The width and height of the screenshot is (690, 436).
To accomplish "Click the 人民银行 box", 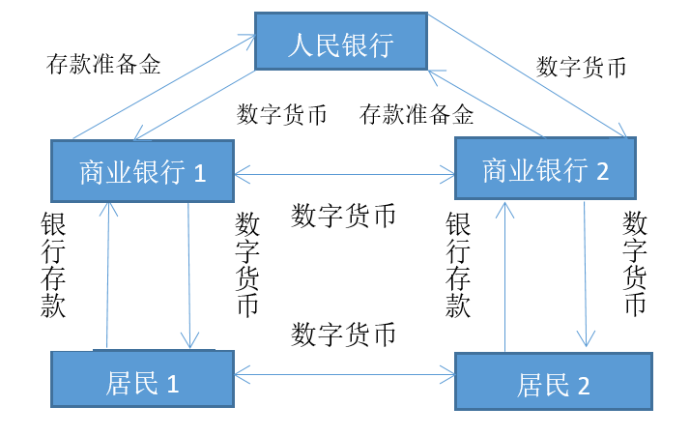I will coord(340,42).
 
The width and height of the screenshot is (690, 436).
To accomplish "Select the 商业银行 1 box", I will coord(142,171).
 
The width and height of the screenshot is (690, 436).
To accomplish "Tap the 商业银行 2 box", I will coord(545,169).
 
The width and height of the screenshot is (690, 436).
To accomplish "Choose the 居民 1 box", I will coord(142,379).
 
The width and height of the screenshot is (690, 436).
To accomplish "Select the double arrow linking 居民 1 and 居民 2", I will coord(344,369).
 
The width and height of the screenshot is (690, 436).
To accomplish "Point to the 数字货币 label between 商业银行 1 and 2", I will coord(343,216).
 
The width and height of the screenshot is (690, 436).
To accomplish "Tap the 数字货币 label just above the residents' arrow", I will coord(343,335).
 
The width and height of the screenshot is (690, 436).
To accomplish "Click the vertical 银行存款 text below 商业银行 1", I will coord(53,266).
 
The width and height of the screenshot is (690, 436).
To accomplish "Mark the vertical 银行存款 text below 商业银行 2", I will coord(458,266).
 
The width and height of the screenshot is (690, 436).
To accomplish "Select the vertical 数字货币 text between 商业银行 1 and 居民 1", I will coord(247,265).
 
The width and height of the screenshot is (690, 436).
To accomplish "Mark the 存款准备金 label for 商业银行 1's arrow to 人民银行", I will coord(103,65).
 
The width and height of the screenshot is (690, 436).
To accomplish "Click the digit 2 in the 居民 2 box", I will coord(584,385).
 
